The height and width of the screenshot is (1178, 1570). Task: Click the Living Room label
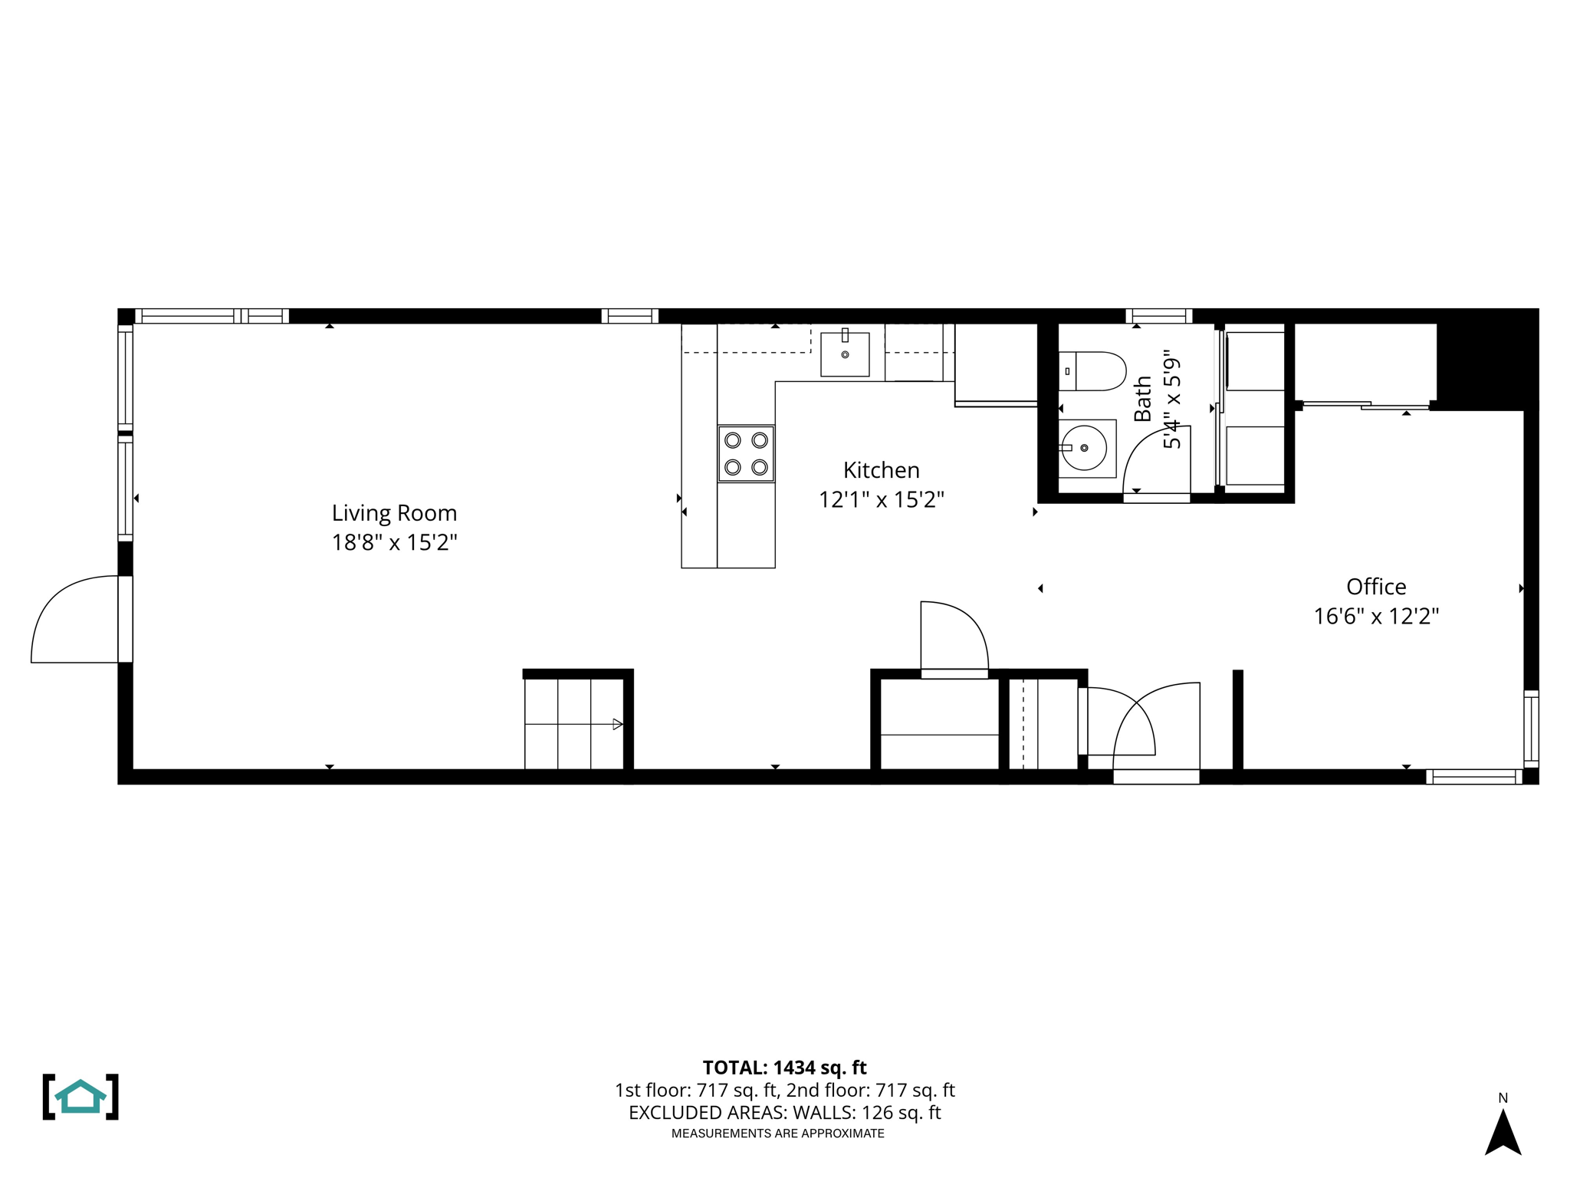pyautogui.click(x=394, y=513)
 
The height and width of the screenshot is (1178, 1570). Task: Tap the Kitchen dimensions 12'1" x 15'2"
pyautogui.click(x=881, y=500)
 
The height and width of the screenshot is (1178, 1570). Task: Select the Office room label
pyautogui.click(x=1376, y=587)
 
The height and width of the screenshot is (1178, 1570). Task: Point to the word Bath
pyautogui.click(x=1142, y=398)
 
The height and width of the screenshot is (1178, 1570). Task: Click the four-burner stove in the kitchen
pyautogui.click(x=746, y=453)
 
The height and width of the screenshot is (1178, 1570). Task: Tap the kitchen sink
pyautogui.click(x=845, y=354)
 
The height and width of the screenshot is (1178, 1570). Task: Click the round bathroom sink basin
pyautogui.click(x=1084, y=448)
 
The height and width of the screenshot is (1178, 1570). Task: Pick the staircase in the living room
pyautogui.click(x=573, y=724)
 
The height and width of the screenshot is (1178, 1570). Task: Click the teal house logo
pyautogui.click(x=80, y=1097)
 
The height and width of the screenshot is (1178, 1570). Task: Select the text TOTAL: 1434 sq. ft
pyautogui.click(x=784, y=1068)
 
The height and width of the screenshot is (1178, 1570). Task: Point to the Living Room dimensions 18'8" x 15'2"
pyautogui.click(x=394, y=543)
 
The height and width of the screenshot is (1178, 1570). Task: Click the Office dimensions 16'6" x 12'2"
pyautogui.click(x=1376, y=617)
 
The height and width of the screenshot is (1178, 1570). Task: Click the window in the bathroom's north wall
pyautogui.click(x=1158, y=316)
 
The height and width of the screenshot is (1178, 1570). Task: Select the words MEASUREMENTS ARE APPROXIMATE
pyautogui.click(x=777, y=1134)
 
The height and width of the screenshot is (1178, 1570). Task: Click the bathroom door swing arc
pyautogui.click(x=1155, y=460)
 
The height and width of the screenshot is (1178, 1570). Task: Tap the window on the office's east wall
pyautogui.click(x=1530, y=729)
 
